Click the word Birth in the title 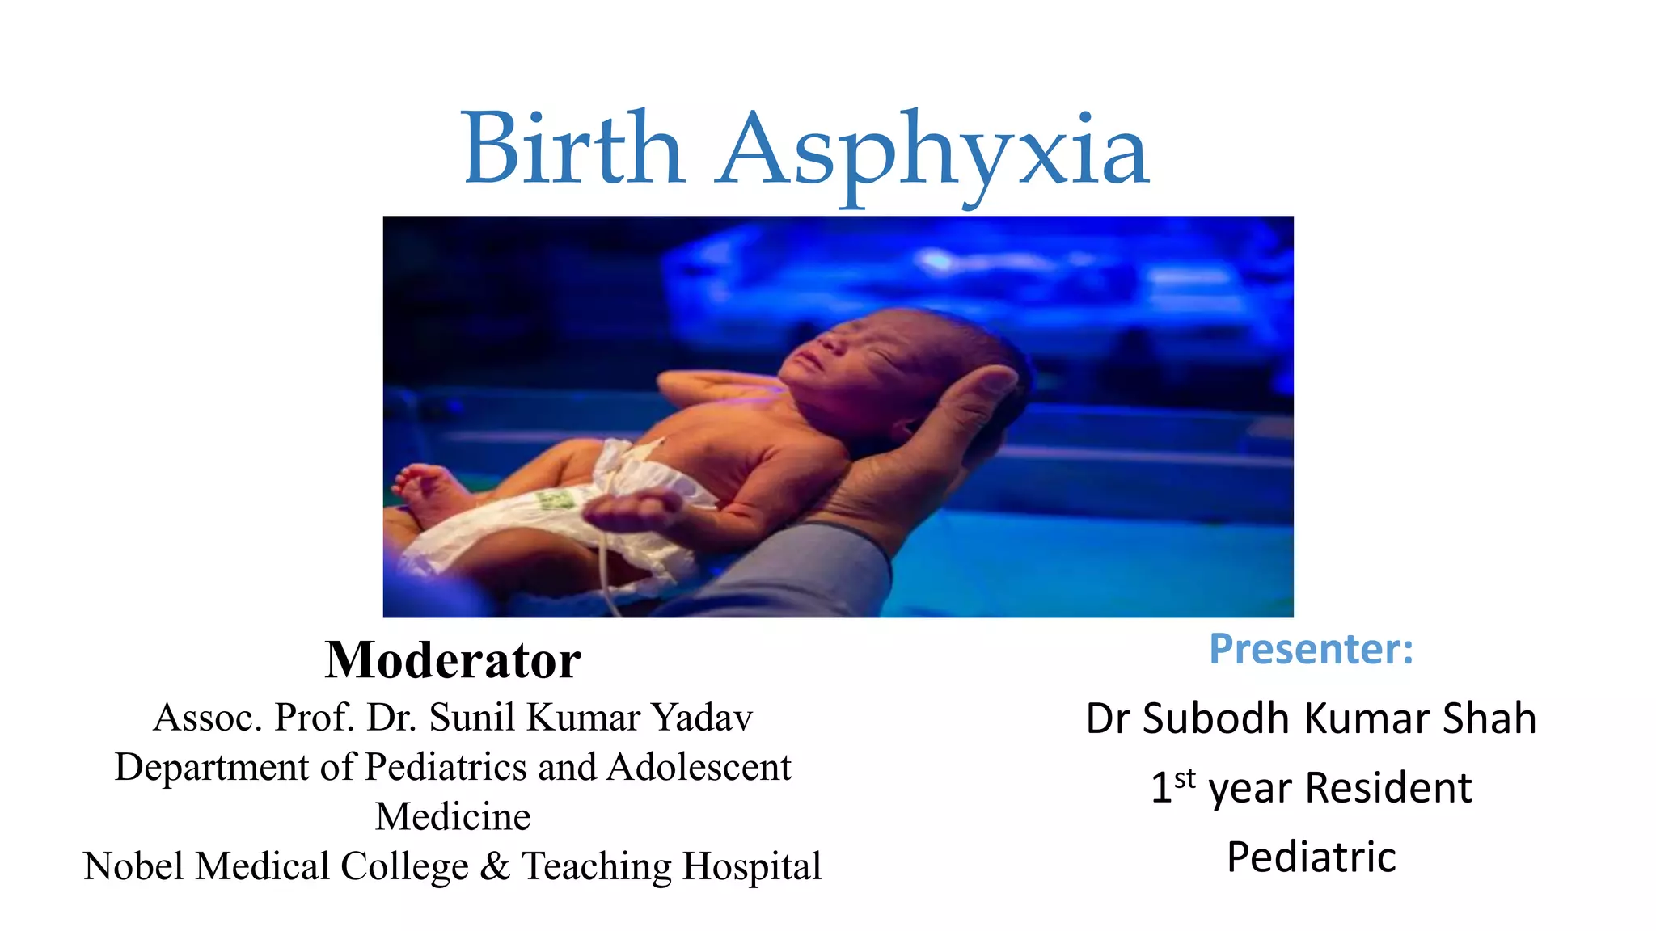click(x=573, y=150)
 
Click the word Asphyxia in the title click(x=933, y=154)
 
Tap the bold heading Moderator click(x=453, y=660)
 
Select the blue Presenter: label click(x=1311, y=649)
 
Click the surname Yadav click(x=702, y=717)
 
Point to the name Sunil click(x=472, y=717)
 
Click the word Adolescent click(x=699, y=767)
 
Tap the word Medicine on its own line click(x=453, y=816)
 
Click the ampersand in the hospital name click(x=495, y=866)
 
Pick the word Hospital click(x=752, y=866)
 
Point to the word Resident click(x=1388, y=788)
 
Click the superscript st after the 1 click(x=1185, y=779)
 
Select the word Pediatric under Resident click(x=1311, y=857)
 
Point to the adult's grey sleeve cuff click(x=809, y=566)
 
